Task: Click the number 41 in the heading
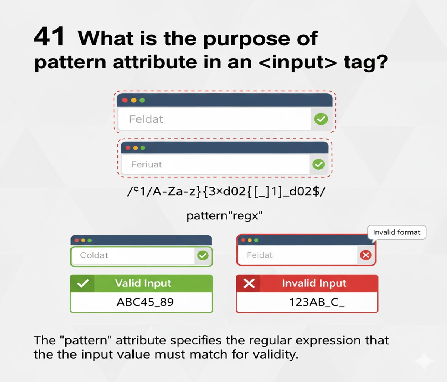pyautogui.click(x=50, y=37)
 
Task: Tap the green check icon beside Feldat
pyautogui.click(x=321, y=119)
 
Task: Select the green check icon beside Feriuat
pyautogui.click(x=318, y=164)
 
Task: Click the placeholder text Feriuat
pyautogui.click(x=146, y=165)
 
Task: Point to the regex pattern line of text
pyautogui.click(x=226, y=191)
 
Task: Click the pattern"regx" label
pyautogui.click(x=224, y=216)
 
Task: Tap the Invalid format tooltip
pyautogui.click(x=396, y=232)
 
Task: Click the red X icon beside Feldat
pyautogui.click(x=366, y=255)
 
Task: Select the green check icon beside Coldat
pyautogui.click(x=203, y=256)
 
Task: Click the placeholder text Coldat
pyautogui.click(x=94, y=256)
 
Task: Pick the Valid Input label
pyautogui.click(x=143, y=284)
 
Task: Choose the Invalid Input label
pyautogui.click(x=314, y=284)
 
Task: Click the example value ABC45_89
pyautogui.click(x=145, y=302)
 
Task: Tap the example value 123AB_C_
pyautogui.click(x=317, y=302)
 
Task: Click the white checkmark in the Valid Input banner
pyautogui.click(x=82, y=284)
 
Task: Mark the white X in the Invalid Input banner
pyautogui.click(x=249, y=284)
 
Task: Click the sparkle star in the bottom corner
pyautogui.click(x=424, y=361)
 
